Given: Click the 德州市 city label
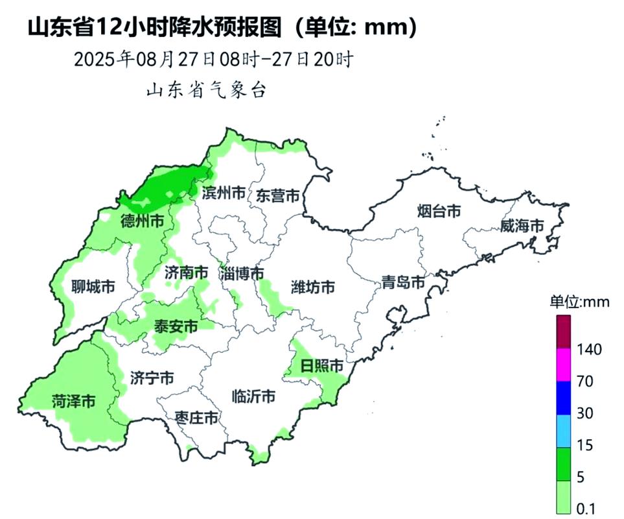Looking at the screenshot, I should click(x=142, y=222).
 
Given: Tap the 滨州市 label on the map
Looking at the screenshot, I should click(x=224, y=193).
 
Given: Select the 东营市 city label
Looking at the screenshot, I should click(x=278, y=195).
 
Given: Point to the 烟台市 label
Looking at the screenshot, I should click(x=439, y=211).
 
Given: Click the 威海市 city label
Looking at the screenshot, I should click(x=522, y=226).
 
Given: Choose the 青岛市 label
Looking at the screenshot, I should click(x=402, y=282).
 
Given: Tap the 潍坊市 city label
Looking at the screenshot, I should click(x=313, y=286).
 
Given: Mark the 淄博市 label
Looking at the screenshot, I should click(x=241, y=273).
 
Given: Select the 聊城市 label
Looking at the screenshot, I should click(x=93, y=286).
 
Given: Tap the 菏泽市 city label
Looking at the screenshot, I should click(x=73, y=402).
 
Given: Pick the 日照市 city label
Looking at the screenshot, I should click(x=322, y=367).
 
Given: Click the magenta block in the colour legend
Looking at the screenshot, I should click(x=563, y=365).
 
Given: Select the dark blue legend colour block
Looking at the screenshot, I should click(x=563, y=398).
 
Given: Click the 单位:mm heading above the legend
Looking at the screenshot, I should click(x=576, y=302).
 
